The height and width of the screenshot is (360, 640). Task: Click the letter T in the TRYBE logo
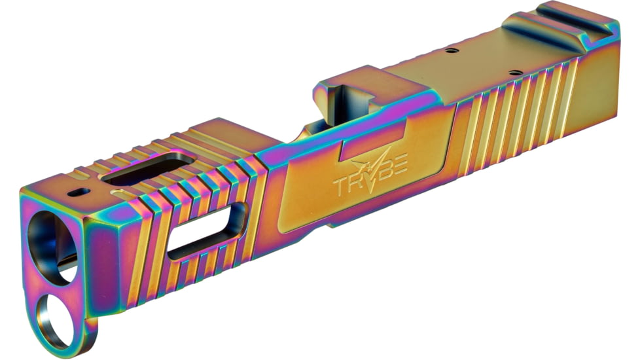pos(343,184)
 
